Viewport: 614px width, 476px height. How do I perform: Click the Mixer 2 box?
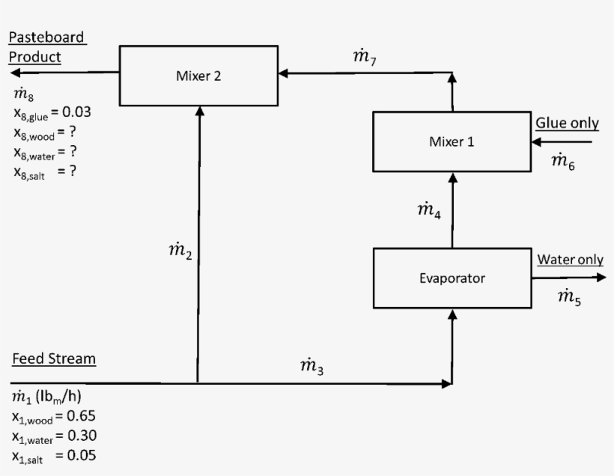(198, 76)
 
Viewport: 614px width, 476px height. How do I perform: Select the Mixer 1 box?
(452, 141)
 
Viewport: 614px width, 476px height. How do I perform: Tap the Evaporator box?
(452, 278)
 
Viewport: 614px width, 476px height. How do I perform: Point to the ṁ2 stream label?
(180, 253)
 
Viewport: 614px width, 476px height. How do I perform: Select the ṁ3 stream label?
(311, 366)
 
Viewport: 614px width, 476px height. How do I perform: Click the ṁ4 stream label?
(428, 211)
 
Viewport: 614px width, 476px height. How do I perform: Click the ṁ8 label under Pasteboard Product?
(23, 94)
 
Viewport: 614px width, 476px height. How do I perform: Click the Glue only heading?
(567, 123)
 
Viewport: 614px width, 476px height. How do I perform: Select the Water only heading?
(570, 260)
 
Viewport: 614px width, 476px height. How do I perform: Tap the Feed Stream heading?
(54, 358)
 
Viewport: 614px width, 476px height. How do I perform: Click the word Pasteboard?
(46, 37)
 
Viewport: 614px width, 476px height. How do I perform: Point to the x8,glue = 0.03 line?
(52, 113)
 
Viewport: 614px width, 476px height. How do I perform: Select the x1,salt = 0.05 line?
(53, 456)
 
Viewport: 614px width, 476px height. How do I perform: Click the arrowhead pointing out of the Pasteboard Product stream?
(16, 73)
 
